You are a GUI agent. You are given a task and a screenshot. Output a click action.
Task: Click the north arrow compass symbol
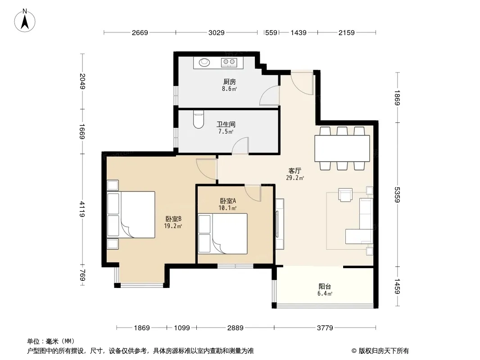tap(25, 21)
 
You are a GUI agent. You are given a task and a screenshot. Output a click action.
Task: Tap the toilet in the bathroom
tap(199, 119)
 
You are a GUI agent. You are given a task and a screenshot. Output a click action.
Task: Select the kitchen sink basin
tap(204, 63)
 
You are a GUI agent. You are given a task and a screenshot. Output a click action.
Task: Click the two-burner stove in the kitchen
tap(229, 63)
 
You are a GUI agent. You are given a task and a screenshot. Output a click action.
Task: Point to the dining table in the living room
tap(342, 148)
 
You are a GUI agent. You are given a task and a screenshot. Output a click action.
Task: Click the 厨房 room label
tap(229, 81)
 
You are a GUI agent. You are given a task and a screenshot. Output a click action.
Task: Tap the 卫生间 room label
tap(226, 125)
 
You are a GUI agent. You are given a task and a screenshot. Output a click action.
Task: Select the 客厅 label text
tap(295, 171)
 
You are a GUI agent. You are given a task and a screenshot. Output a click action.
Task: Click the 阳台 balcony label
tap(325, 287)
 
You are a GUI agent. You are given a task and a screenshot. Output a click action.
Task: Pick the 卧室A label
tap(228, 201)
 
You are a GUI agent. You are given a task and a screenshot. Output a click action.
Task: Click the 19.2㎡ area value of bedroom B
tap(173, 226)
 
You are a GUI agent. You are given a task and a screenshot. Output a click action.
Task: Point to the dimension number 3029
tap(217, 32)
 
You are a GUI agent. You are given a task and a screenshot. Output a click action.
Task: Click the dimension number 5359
tap(397, 194)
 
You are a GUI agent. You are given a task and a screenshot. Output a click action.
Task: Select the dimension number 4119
tap(82, 209)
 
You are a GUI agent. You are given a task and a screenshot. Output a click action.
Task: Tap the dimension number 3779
tap(325, 328)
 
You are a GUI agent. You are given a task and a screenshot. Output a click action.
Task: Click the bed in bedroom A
tap(222, 234)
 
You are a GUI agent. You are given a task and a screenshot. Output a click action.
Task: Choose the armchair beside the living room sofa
tap(345, 195)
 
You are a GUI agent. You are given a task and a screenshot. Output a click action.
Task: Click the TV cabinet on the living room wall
tap(280, 224)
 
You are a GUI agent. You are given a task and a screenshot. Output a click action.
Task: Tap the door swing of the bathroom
tap(240, 145)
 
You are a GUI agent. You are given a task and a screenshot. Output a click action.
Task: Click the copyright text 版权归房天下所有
tap(384, 351)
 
